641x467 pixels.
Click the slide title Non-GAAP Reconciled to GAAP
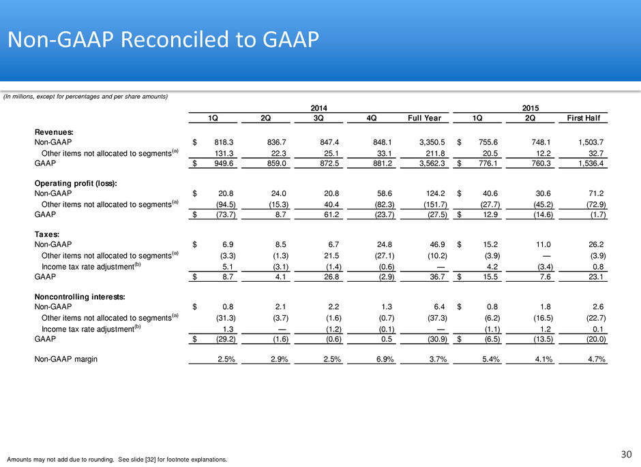pos(163,39)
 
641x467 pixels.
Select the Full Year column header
pos(424,118)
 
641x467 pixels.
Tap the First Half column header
pos(583,118)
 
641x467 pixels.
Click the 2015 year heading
pos(531,108)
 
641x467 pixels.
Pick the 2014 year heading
pos(318,108)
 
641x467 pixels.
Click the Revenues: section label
pos(54,132)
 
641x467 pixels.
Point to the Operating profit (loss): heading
pos(76,183)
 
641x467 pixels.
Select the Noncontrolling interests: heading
pos(80,297)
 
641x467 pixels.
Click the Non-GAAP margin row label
pos(66,359)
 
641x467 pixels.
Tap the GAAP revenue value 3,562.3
pos(432,163)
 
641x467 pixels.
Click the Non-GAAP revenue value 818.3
pos(224,142)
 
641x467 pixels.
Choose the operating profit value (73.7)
pos(226,214)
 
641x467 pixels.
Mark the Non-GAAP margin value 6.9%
pos(385,359)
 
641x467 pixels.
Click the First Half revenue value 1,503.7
pos(591,142)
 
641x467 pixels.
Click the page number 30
pos(626,454)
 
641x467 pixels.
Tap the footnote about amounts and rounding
pos(117,460)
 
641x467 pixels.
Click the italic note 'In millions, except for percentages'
pos(85,97)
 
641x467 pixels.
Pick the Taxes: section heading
pos(46,234)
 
